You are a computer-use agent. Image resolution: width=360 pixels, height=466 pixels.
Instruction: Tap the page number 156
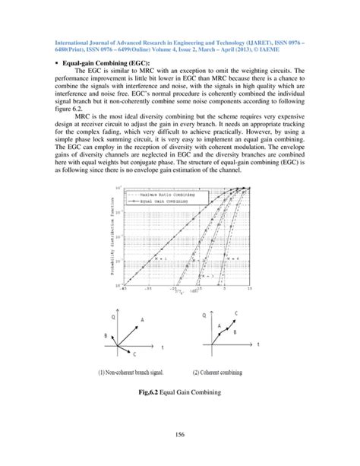coord(181,434)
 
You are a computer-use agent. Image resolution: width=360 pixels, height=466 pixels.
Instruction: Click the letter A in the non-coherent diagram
coord(141,321)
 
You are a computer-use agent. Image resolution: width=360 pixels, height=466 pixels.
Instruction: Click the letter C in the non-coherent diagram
coord(134,355)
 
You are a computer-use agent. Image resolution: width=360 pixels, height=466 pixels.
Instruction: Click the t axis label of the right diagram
coord(258,344)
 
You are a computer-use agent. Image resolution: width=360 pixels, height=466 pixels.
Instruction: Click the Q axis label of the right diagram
coord(204,315)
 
